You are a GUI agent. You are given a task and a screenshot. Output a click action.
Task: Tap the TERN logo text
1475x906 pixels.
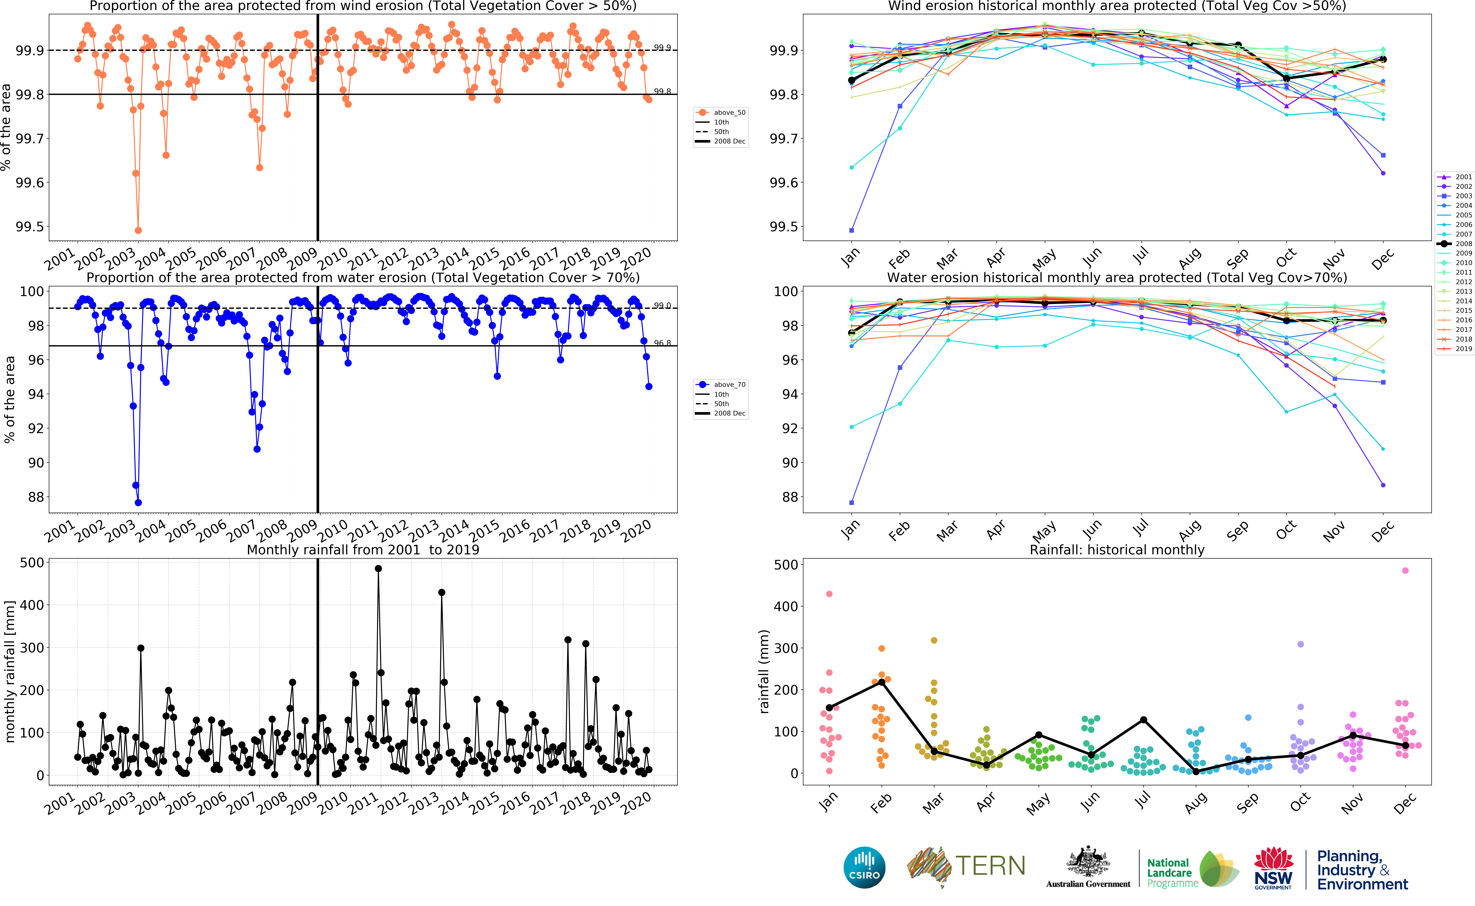click(x=990, y=866)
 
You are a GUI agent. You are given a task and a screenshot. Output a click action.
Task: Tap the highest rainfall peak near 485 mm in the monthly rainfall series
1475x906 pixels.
click(x=378, y=569)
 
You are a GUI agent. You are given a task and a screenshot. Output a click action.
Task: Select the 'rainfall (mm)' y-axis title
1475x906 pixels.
click(x=764, y=671)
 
